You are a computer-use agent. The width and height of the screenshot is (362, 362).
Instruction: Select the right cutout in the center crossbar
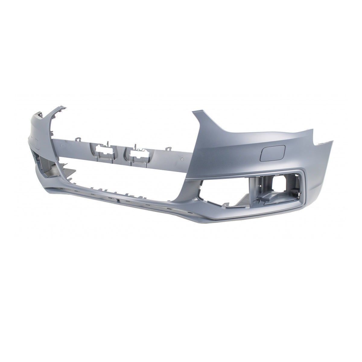138,152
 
